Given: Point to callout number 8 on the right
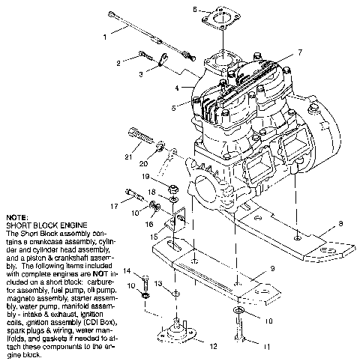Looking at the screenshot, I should point(341,222).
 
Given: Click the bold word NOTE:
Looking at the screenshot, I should point(15,217).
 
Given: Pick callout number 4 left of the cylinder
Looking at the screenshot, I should point(178,88).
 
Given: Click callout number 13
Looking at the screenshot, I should point(158,285).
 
